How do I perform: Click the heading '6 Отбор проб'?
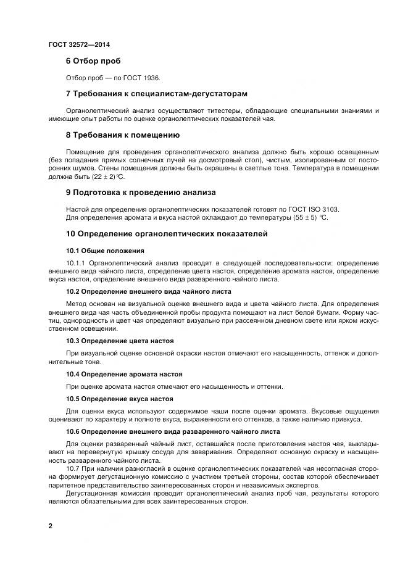click(x=93, y=61)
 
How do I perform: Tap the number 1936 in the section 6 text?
click(x=151, y=78)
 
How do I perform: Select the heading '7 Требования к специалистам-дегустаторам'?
click(x=156, y=94)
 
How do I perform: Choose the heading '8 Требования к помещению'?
click(x=122, y=135)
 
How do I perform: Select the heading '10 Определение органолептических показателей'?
click(x=167, y=234)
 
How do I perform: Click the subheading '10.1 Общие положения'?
click(x=105, y=251)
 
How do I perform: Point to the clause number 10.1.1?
click(x=76, y=263)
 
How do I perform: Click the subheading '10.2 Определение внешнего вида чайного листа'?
click(x=148, y=291)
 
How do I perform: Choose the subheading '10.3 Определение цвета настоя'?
click(x=119, y=341)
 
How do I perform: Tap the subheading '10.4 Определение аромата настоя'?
click(x=123, y=374)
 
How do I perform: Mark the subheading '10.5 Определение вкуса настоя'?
click(x=119, y=399)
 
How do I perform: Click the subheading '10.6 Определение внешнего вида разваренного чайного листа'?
click(x=173, y=431)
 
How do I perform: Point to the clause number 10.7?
click(x=73, y=468)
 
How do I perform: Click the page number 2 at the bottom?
click(x=50, y=526)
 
